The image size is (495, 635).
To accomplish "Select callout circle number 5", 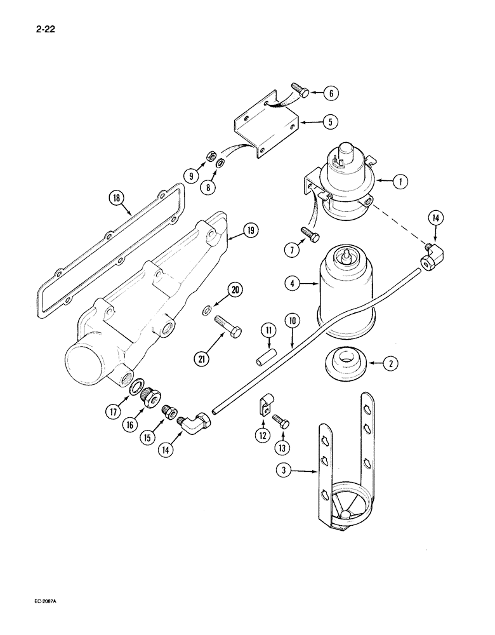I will pyautogui.click(x=329, y=122).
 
